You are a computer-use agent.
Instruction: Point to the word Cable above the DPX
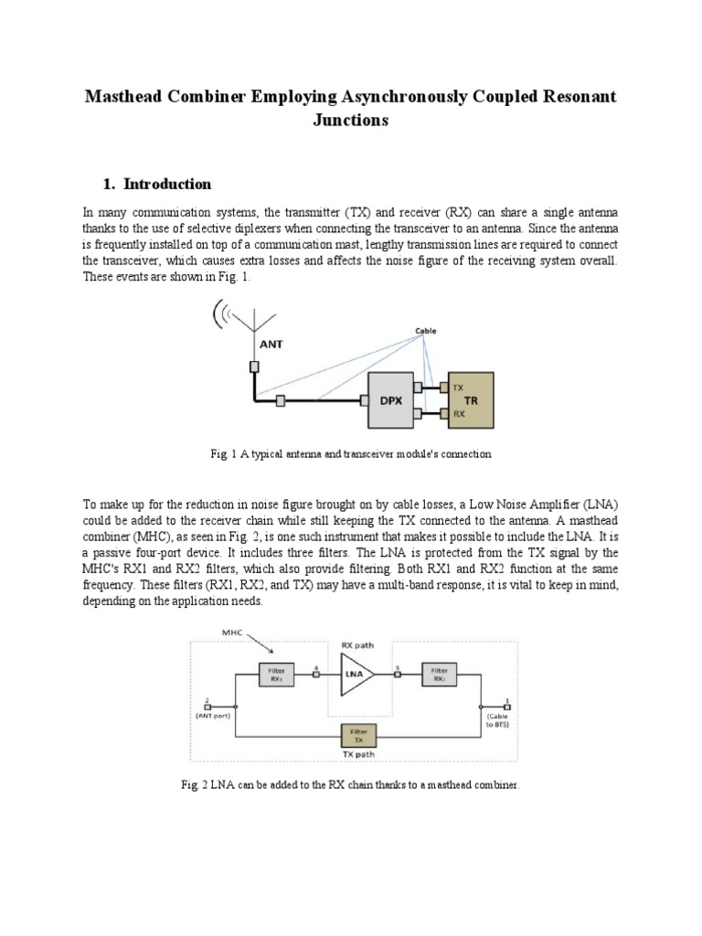pos(425,331)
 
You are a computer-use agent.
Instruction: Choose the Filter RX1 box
pos(275,676)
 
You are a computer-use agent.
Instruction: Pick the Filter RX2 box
pos(440,676)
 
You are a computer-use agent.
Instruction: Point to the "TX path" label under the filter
pos(356,754)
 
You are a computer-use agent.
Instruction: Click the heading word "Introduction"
pos(168,184)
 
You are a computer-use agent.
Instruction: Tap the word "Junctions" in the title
pos(351,120)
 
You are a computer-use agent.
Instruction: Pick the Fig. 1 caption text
pos(351,453)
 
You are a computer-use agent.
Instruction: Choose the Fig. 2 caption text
pos(351,785)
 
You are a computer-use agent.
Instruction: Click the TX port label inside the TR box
pos(459,388)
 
